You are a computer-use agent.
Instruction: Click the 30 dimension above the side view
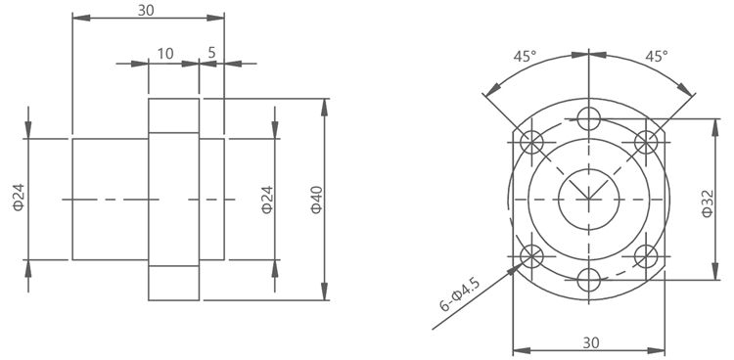click(146, 11)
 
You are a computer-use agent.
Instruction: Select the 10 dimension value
click(165, 54)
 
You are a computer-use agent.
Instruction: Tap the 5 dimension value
click(211, 53)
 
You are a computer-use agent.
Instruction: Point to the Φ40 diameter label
click(317, 200)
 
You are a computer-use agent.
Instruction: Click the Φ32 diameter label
click(708, 203)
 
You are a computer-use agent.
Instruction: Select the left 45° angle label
click(525, 57)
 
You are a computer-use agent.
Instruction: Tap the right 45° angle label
click(657, 57)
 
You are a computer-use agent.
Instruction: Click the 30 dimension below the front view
click(591, 342)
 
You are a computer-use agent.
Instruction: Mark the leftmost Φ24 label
click(19, 197)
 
